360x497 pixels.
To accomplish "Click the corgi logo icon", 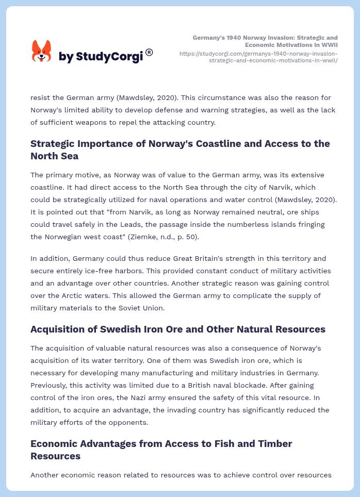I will pyautogui.click(x=42, y=51).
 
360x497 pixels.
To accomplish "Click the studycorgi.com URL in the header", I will pyautogui.click(x=258, y=57).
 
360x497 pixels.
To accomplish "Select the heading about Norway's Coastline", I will pyautogui.click(x=180, y=150).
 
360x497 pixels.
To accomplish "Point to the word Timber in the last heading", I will pyautogui.click(x=273, y=443).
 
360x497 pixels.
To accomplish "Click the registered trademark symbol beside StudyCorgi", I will pyautogui.click(x=149, y=52).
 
